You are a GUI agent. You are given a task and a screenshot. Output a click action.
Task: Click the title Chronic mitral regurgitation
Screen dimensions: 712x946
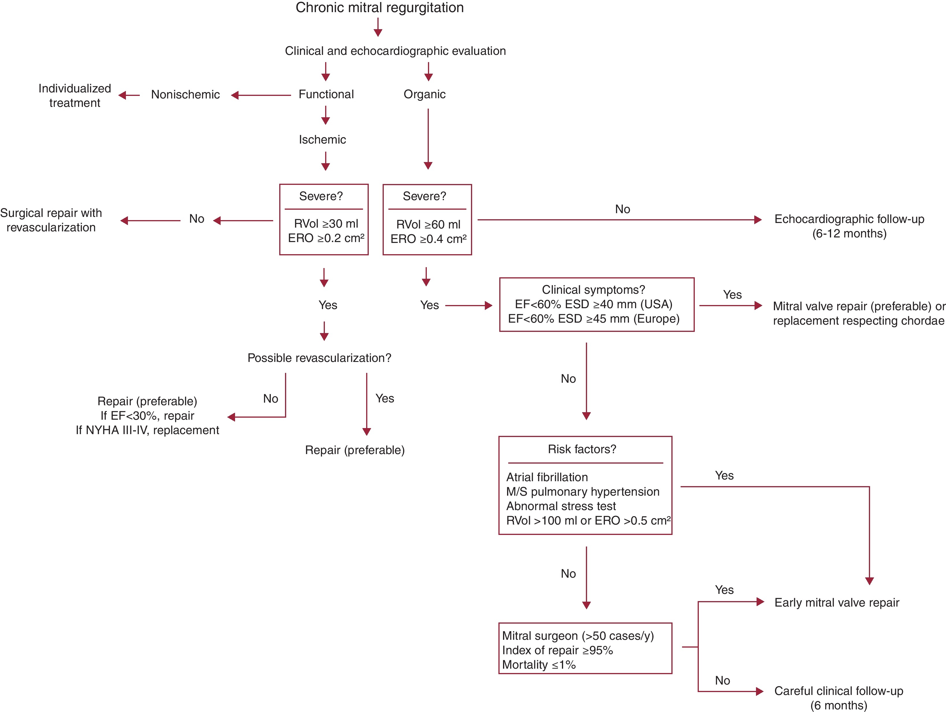click(x=379, y=8)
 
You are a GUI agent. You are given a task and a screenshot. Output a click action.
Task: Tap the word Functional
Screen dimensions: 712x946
click(x=326, y=94)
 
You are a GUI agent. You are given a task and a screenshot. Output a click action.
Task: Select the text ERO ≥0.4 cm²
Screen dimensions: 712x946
click(x=428, y=239)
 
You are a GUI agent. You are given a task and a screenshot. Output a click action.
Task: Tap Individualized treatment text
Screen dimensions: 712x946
click(x=75, y=95)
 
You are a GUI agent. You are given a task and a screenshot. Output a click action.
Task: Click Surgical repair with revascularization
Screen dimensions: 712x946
click(x=51, y=220)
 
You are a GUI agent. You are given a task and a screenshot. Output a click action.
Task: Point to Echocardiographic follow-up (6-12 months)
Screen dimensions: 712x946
click(x=849, y=226)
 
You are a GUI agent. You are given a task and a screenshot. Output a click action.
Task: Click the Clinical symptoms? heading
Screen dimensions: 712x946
click(x=593, y=290)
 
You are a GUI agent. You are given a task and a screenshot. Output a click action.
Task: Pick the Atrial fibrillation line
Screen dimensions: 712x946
click(x=547, y=477)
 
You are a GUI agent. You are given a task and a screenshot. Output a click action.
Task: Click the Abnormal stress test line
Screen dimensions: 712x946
click(x=561, y=506)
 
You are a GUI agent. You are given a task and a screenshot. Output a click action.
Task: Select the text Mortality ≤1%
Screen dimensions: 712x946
click(x=539, y=665)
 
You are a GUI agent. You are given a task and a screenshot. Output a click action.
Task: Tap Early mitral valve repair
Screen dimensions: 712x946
click(x=837, y=603)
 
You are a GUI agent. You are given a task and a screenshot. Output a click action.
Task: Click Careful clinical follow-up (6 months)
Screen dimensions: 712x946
click(x=838, y=698)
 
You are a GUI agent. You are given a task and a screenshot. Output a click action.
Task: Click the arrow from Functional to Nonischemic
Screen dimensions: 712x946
click(x=261, y=95)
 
